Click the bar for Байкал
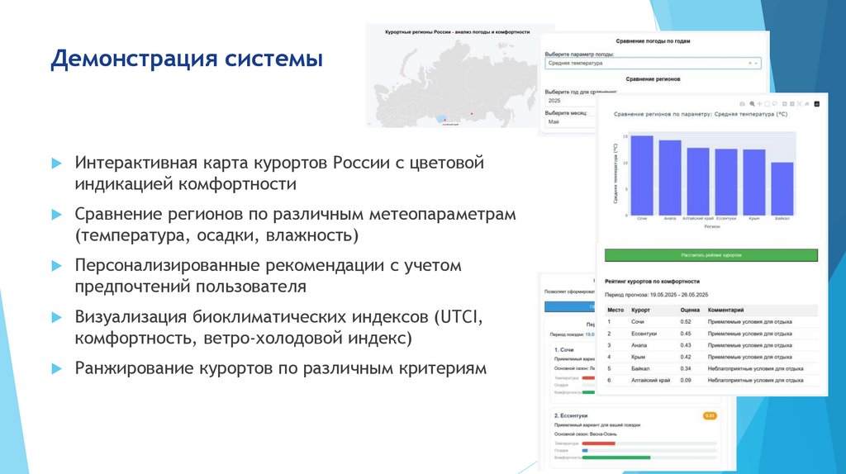pos(782,187)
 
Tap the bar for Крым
pos(753,181)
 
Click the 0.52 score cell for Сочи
pos(686,322)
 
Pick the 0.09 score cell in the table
pos(686,380)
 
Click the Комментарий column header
pos(725,310)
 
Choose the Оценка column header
pos(690,310)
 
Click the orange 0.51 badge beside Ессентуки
pos(709,415)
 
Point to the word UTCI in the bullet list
pos(454,317)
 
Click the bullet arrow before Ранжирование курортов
pos(55,369)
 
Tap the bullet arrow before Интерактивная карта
pos(55,163)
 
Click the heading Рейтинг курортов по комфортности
pos(652,282)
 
